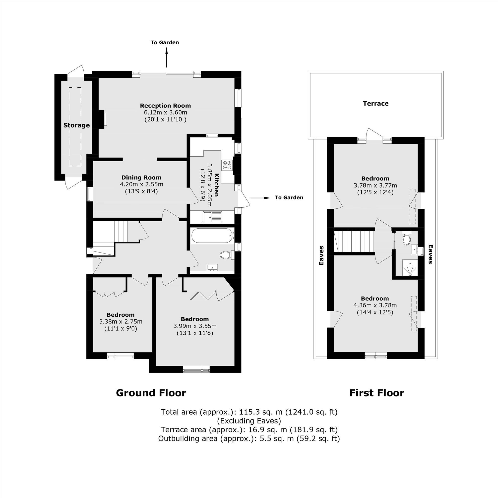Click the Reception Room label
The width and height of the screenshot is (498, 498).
[x=165, y=106]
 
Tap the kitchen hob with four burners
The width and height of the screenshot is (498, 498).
[x=227, y=165]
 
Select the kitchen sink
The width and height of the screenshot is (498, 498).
[x=212, y=217]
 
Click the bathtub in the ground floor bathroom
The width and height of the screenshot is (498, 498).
[x=213, y=236]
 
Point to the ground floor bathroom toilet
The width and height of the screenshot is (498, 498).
[x=227, y=255]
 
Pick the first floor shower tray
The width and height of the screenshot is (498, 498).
[x=410, y=268]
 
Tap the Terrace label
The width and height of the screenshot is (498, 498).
[x=375, y=104]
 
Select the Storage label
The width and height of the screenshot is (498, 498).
[x=76, y=125]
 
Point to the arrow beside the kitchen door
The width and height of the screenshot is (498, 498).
[x=260, y=198]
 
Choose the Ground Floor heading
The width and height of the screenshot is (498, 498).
[x=151, y=393]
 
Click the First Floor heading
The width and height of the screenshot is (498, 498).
[x=376, y=393]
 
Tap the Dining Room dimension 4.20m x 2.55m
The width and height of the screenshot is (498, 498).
[x=141, y=185]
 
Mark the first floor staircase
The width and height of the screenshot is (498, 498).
[x=354, y=242]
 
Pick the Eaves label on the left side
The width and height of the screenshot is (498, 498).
[x=321, y=255]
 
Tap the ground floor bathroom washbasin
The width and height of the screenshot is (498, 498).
[x=212, y=268]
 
